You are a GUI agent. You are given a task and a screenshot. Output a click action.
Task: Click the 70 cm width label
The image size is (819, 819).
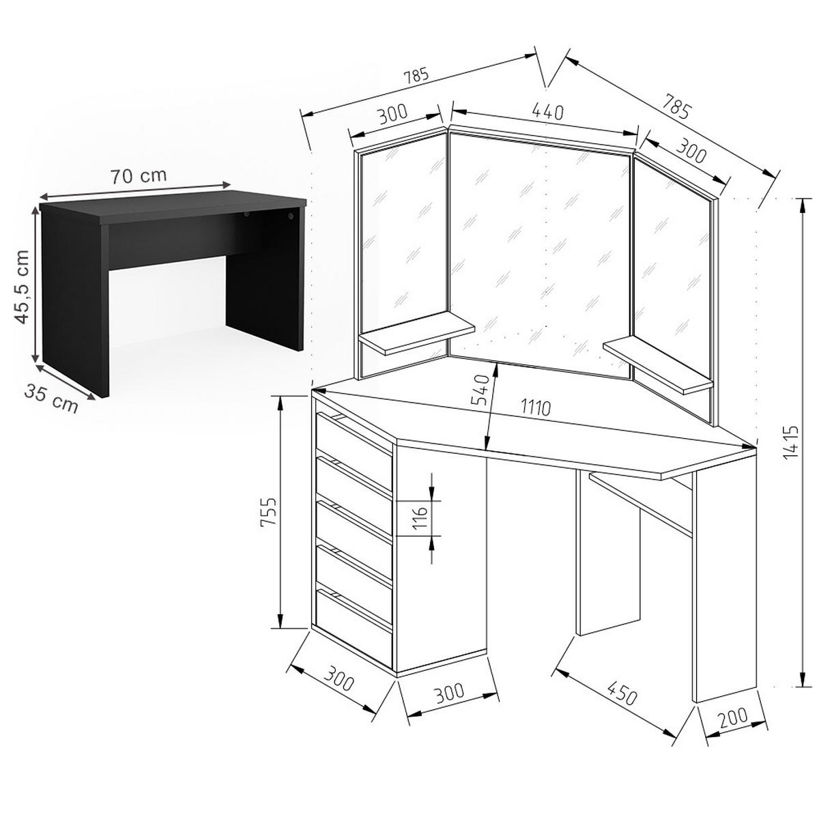tap(139, 176)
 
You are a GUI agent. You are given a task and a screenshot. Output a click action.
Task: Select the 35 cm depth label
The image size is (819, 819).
tap(51, 398)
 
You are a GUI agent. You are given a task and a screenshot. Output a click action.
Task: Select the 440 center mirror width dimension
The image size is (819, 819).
tap(548, 111)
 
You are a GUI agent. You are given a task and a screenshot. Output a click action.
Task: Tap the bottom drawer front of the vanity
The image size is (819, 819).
tap(354, 616)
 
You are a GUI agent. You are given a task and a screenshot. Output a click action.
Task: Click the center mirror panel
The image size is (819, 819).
tap(539, 255)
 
